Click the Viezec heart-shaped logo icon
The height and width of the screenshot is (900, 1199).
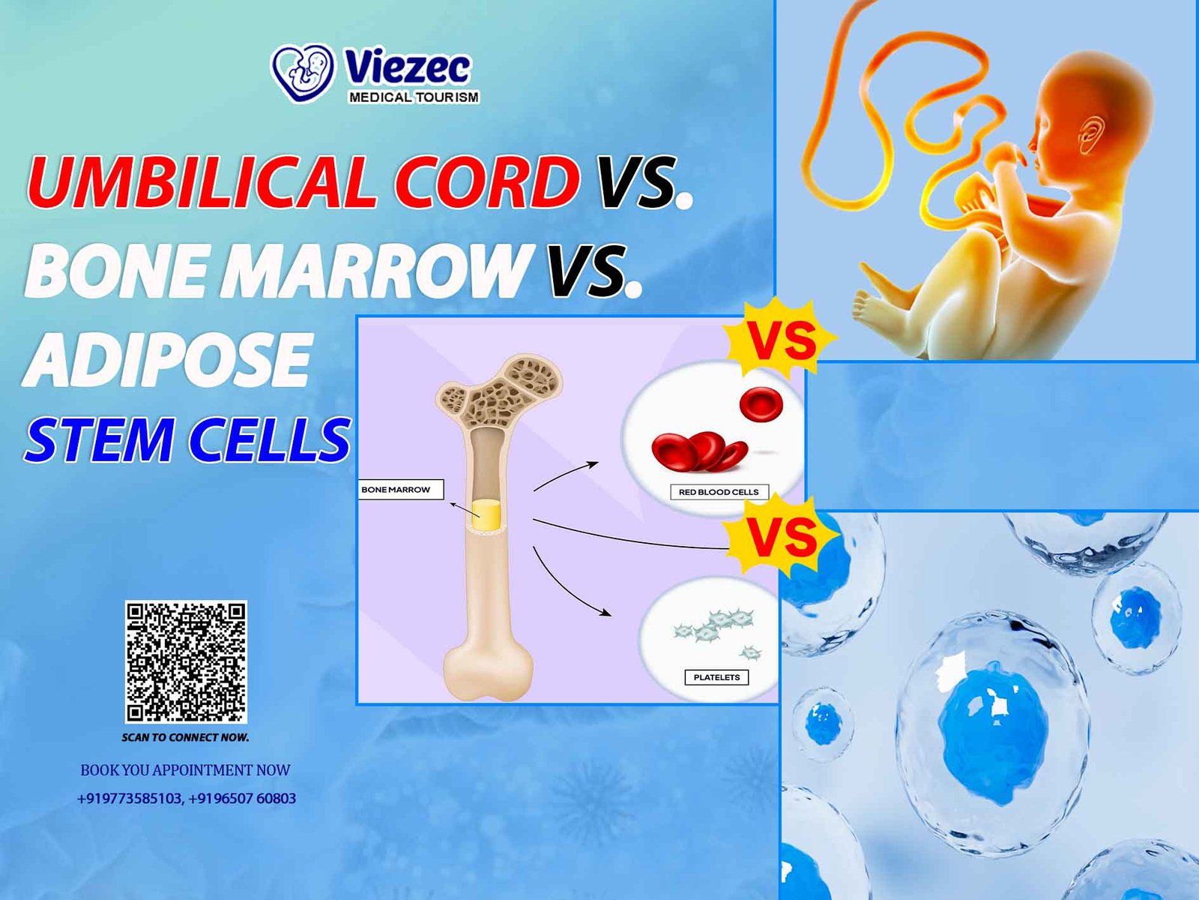pos(303,73)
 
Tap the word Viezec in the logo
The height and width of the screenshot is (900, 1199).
pos(407,68)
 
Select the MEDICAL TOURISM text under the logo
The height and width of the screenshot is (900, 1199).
pos(414,97)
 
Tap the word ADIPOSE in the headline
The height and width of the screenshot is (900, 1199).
pos(167,358)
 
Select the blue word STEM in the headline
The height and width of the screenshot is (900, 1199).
pos(99,439)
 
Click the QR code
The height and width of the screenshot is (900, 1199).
pos(186,661)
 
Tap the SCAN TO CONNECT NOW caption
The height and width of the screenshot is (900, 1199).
pos(185,737)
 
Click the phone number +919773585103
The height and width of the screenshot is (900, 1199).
pos(130,798)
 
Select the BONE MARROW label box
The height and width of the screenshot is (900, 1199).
pos(400,490)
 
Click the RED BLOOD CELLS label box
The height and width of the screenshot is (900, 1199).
pos(719,492)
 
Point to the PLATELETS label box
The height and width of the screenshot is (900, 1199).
pos(716,677)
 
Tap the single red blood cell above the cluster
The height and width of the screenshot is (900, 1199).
pos(761,406)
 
